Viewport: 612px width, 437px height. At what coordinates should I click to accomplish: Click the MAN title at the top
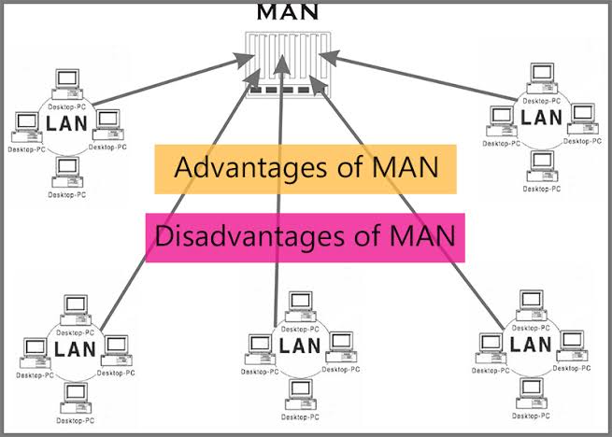click(287, 11)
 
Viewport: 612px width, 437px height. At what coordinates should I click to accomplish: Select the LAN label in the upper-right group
click(542, 118)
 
